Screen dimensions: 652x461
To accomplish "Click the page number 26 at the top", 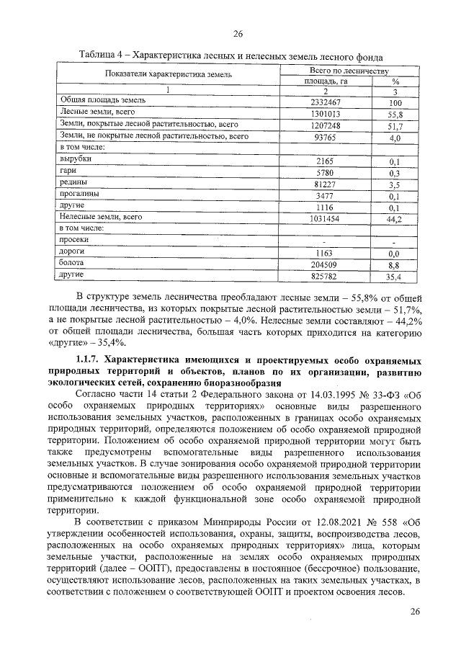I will coord(238,34).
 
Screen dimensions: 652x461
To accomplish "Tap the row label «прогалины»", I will coord(81,195).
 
